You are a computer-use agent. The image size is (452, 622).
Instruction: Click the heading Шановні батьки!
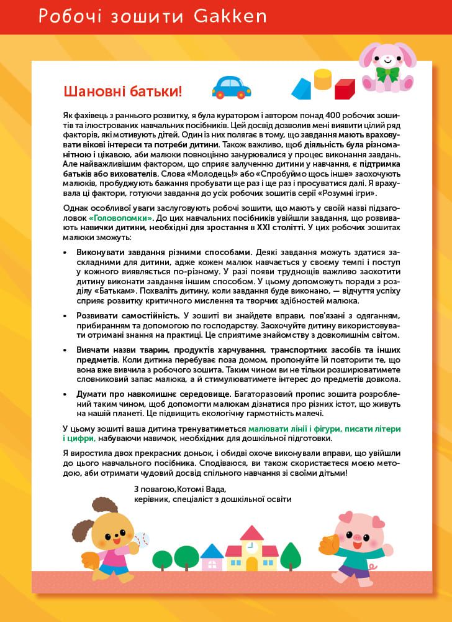(x=123, y=91)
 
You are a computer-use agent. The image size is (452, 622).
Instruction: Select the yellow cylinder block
(x=323, y=80)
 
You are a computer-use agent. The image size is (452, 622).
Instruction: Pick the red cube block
(x=345, y=88)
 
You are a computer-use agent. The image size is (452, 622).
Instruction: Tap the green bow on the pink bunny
(x=389, y=73)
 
